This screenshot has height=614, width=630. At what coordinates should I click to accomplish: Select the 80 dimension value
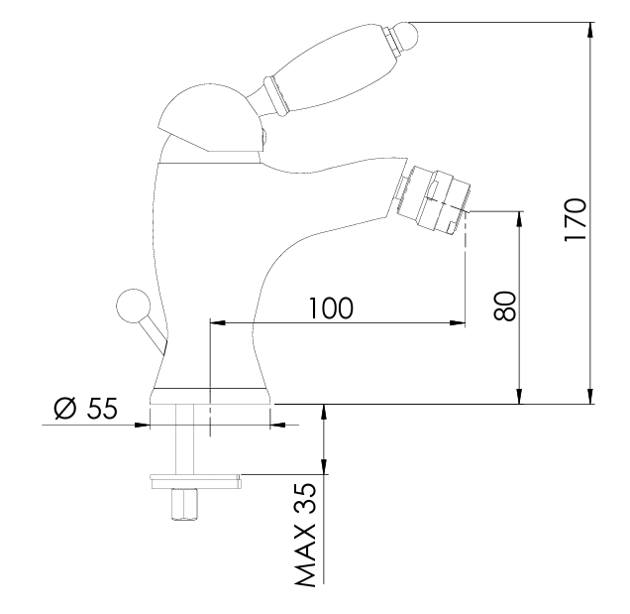click(504, 305)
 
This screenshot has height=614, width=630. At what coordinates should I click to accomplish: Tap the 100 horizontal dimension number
click(329, 307)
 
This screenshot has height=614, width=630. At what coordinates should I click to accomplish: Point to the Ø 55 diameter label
click(85, 408)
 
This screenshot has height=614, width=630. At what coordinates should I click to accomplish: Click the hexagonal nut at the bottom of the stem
click(184, 507)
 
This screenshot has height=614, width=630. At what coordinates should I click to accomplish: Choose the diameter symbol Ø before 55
click(64, 408)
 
